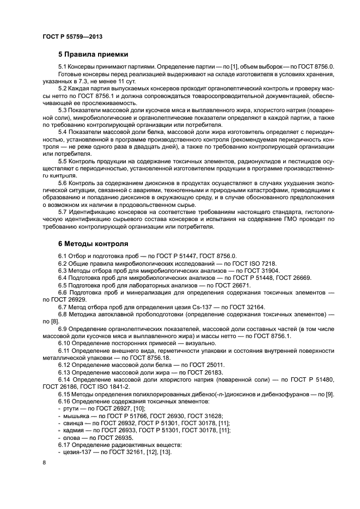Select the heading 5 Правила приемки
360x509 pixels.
click(93, 54)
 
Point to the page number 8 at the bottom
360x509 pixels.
click(44, 462)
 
